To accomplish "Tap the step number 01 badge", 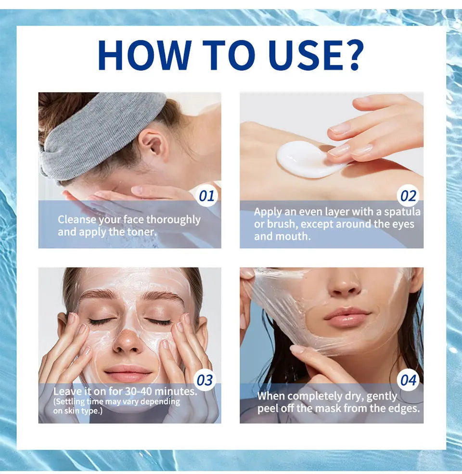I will (x=206, y=196).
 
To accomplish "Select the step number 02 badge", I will (x=408, y=196).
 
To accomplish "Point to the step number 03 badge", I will (x=205, y=380).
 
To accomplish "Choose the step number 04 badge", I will (x=408, y=380).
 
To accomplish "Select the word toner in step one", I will (x=140, y=231).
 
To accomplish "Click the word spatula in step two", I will (x=402, y=212).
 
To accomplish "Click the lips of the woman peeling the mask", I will (x=347, y=317).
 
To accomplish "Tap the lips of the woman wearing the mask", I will (x=128, y=372).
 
